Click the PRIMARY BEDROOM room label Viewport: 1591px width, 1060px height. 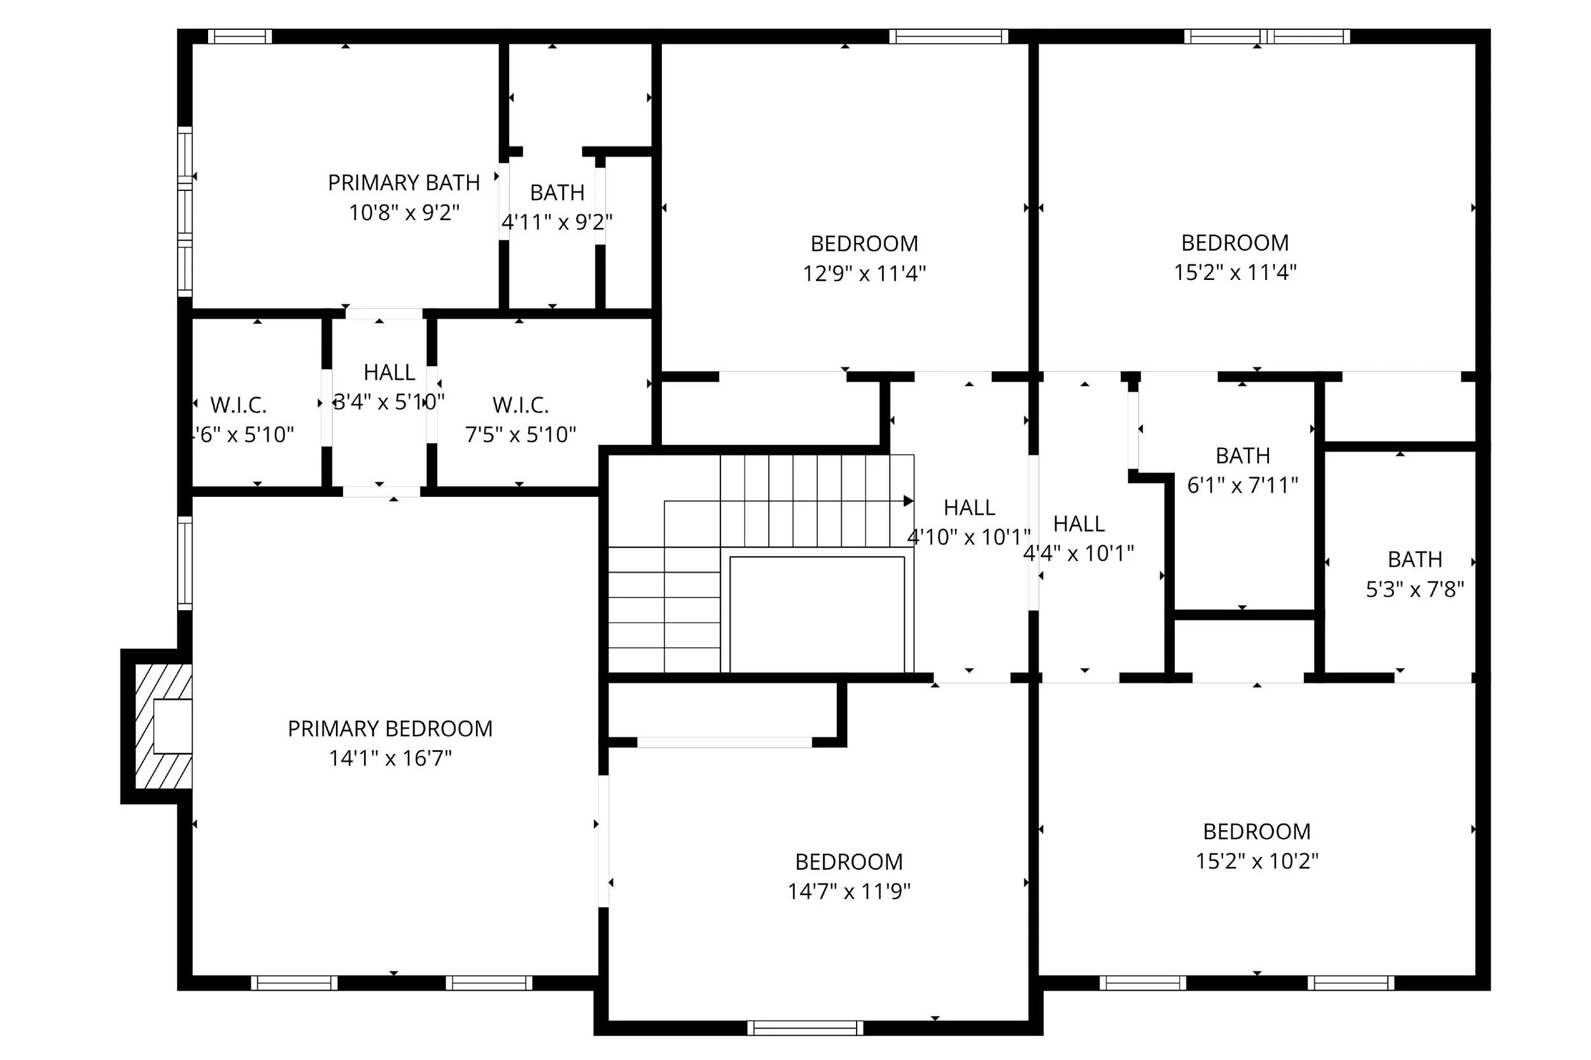coord(389,729)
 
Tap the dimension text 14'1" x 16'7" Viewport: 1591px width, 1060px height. coord(389,758)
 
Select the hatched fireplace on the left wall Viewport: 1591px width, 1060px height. coord(163,726)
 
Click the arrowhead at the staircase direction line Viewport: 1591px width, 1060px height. coord(909,501)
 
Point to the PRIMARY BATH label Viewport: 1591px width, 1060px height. coord(403,183)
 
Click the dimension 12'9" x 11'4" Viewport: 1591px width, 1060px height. coord(864,274)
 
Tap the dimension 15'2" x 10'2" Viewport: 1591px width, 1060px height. coord(1256,861)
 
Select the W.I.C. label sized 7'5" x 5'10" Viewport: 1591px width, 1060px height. coord(520,405)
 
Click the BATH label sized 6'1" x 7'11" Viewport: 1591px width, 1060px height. coord(1242,456)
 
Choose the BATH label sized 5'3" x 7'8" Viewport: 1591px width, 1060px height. coord(1415,560)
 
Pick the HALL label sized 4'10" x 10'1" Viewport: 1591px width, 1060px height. coord(969,508)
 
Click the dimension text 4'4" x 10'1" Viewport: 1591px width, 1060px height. coord(1078,554)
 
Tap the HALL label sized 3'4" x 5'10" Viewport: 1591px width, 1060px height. coord(389,372)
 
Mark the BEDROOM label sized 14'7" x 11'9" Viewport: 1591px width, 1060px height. coord(848,862)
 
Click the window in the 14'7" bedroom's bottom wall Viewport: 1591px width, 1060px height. coord(804,1028)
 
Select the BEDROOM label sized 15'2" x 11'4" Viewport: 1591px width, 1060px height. coord(1235,242)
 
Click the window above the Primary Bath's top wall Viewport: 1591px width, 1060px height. coord(239,36)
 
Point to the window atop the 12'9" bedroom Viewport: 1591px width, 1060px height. coord(948,36)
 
